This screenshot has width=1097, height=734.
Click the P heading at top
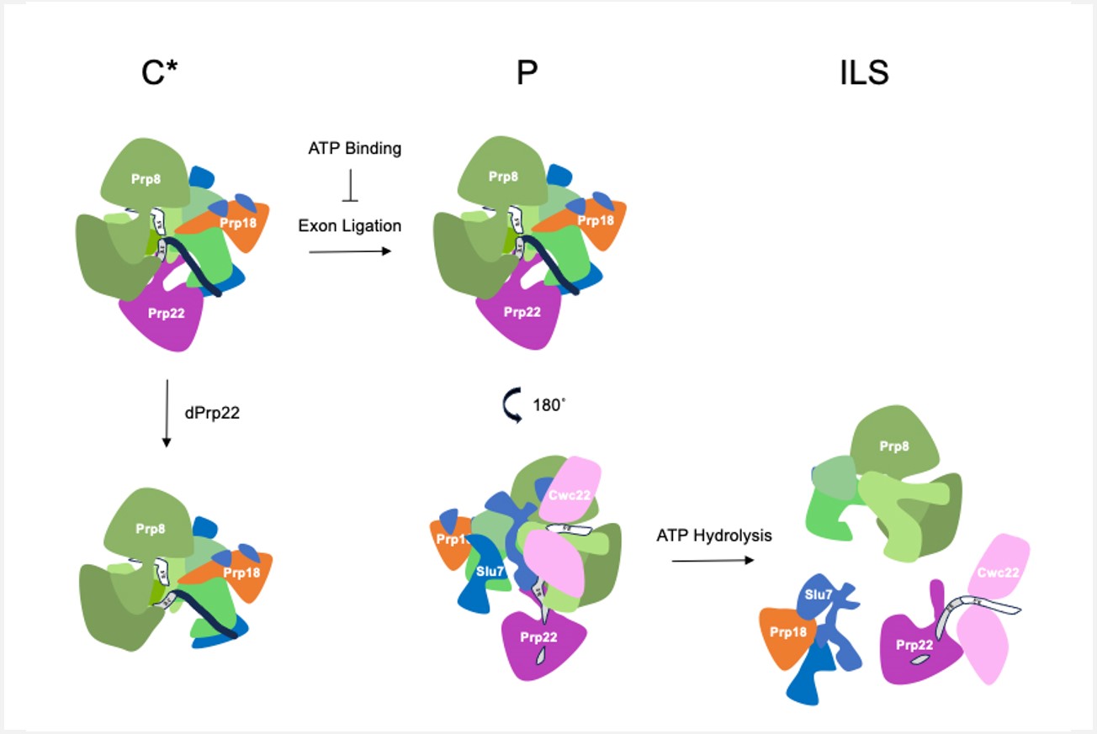527,75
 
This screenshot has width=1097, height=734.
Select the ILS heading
864,75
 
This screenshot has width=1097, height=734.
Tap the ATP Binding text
354,149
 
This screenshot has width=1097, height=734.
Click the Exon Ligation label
349,225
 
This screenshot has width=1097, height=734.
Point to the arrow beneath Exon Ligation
350,251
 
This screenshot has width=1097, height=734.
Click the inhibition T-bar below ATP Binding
351,188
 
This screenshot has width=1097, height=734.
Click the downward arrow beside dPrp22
167,414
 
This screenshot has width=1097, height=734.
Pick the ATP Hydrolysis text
714,535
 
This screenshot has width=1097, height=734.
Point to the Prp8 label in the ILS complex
894,446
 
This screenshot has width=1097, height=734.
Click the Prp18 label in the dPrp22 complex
242,573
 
